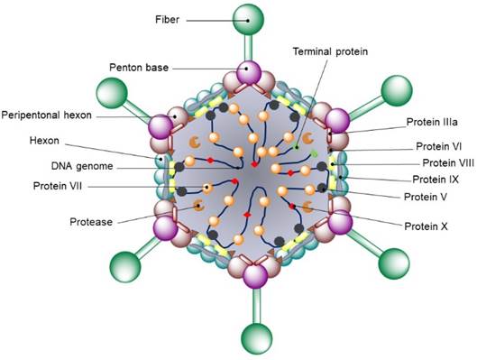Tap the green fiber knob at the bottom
tap(247, 341)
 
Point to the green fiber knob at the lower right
tap(393, 262)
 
